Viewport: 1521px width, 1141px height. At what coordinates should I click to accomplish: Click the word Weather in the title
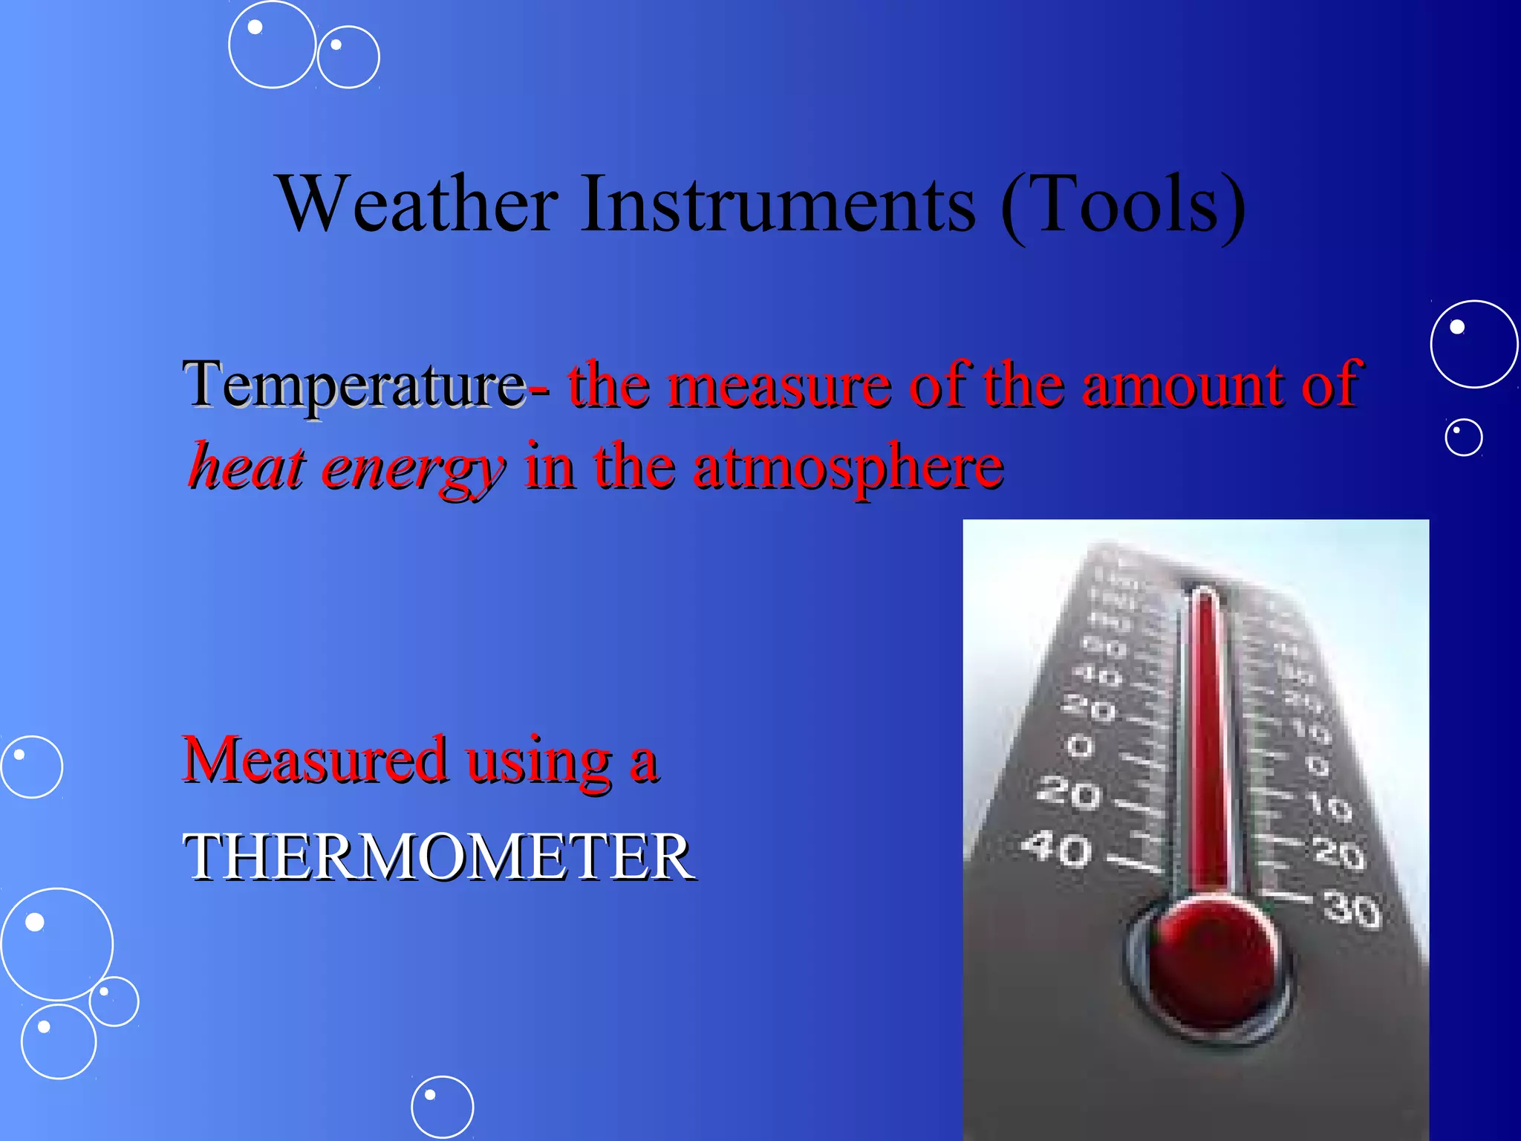417,204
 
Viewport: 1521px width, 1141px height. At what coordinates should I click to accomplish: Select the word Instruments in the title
778,204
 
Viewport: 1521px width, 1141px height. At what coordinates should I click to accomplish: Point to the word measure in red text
778,386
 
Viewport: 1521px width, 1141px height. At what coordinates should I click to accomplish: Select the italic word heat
247,467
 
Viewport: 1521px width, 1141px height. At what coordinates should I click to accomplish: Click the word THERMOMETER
438,857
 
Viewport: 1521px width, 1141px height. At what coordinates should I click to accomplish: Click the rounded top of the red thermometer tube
1204,594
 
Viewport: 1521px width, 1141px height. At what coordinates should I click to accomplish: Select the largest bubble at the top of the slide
272,45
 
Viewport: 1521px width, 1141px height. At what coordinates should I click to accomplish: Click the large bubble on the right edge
1473,344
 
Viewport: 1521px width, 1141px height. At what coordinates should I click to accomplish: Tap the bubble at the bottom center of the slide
442,1107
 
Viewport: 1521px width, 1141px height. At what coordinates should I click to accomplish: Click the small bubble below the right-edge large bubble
1463,437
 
